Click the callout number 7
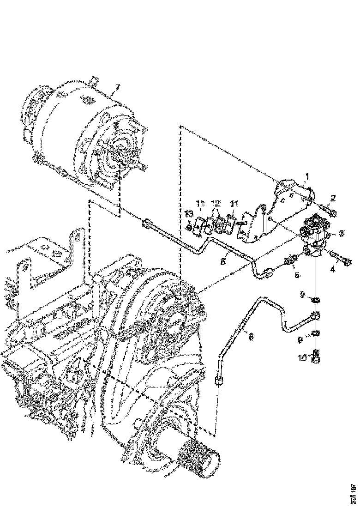[x=118, y=87]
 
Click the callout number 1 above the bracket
[x=306, y=176]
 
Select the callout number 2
[x=333, y=199]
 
